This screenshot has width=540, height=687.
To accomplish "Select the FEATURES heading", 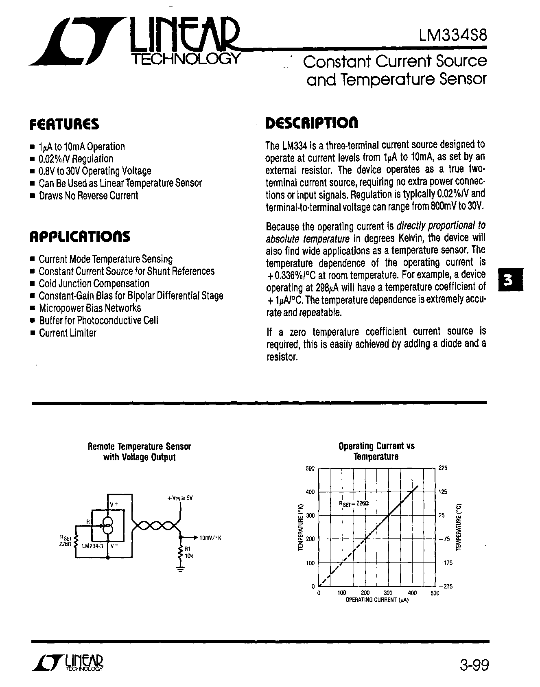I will (x=64, y=124).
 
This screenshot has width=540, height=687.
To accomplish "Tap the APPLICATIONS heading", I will (x=80, y=236).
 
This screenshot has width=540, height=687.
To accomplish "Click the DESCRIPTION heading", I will (x=311, y=123).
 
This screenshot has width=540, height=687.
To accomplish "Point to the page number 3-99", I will (x=473, y=665).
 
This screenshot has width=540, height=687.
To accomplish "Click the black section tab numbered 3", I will (x=507, y=280).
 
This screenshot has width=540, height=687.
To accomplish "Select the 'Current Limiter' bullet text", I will (x=68, y=333).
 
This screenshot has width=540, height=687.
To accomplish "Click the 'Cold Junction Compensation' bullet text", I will (x=94, y=284).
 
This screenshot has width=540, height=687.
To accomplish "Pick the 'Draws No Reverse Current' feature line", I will (x=88, y=196).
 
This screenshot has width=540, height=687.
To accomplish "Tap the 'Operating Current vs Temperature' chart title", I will (x=376, y=451).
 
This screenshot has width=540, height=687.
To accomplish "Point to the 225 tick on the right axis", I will (x=443, y=468).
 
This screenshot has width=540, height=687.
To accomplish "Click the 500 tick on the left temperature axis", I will (x=310, y=468).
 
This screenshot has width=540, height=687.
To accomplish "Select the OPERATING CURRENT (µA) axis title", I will (x=376, y=600).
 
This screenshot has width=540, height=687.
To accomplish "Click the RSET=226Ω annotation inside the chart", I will (x=354, y=503).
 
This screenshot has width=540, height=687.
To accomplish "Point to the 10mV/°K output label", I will (x=210, y=538).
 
